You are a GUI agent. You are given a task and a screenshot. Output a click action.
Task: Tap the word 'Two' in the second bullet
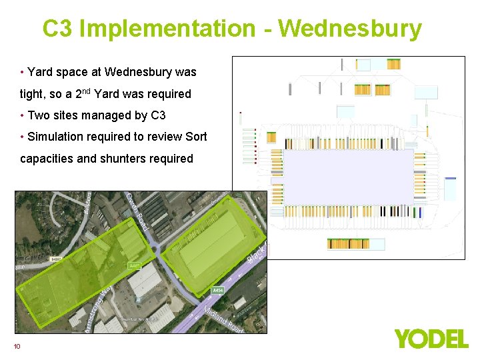[39, 115]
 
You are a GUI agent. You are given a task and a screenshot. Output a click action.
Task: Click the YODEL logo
[431, 338]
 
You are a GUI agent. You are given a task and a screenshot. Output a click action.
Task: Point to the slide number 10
[17, 345]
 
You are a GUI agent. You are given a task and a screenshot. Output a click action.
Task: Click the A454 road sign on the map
[217, 291]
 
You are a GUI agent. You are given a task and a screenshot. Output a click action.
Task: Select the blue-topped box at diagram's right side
[451, 188]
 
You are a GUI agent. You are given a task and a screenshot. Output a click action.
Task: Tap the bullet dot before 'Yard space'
[23, 72]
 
